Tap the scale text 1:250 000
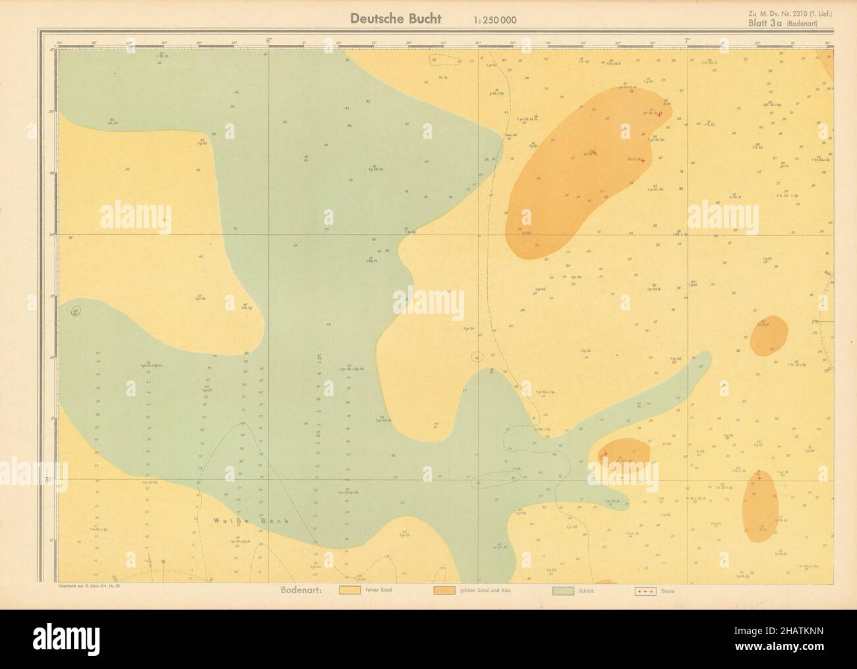point(495,20)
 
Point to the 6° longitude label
point(268,41)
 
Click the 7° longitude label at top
point(688,41)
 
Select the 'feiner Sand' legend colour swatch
point(349,591)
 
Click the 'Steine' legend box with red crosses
point(647,591)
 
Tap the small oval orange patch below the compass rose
point(769,334)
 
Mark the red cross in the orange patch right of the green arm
point(605,454)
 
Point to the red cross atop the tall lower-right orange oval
point(759,478)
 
